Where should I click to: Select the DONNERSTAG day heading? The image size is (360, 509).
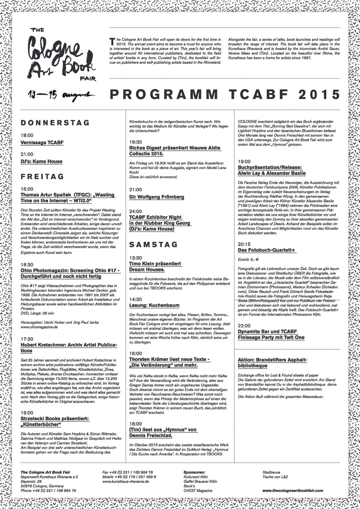49,122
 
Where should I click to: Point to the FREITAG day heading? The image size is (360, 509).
43,176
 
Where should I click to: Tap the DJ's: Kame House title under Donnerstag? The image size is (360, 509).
41,161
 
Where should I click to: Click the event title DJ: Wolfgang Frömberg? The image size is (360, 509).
156,197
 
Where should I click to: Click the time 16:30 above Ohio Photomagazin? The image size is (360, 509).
27,265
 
